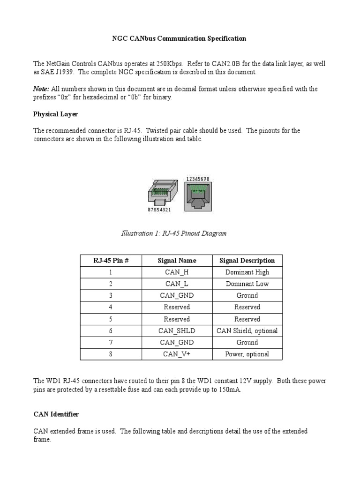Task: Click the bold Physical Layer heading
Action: coord(55,114)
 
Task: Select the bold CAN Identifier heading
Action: coord(56,414)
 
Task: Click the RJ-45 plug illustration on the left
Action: coord(163,193)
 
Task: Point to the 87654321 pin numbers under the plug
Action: coord(159,210)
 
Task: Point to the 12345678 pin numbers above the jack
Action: coord(198,179)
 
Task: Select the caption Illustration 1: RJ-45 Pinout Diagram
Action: coord(174,233)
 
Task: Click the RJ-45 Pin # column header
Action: coord(111,261)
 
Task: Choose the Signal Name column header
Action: coord(177,261)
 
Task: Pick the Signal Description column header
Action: coord(247,261)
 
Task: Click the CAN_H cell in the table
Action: coord(177,272)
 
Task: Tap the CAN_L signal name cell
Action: coord(177,284)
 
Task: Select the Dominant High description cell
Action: coord(247,272)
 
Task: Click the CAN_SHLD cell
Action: coord(177,331)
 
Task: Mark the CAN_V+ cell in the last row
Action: coord(177,354)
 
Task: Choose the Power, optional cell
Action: coord(247,354)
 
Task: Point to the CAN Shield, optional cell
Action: coord(247,331)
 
